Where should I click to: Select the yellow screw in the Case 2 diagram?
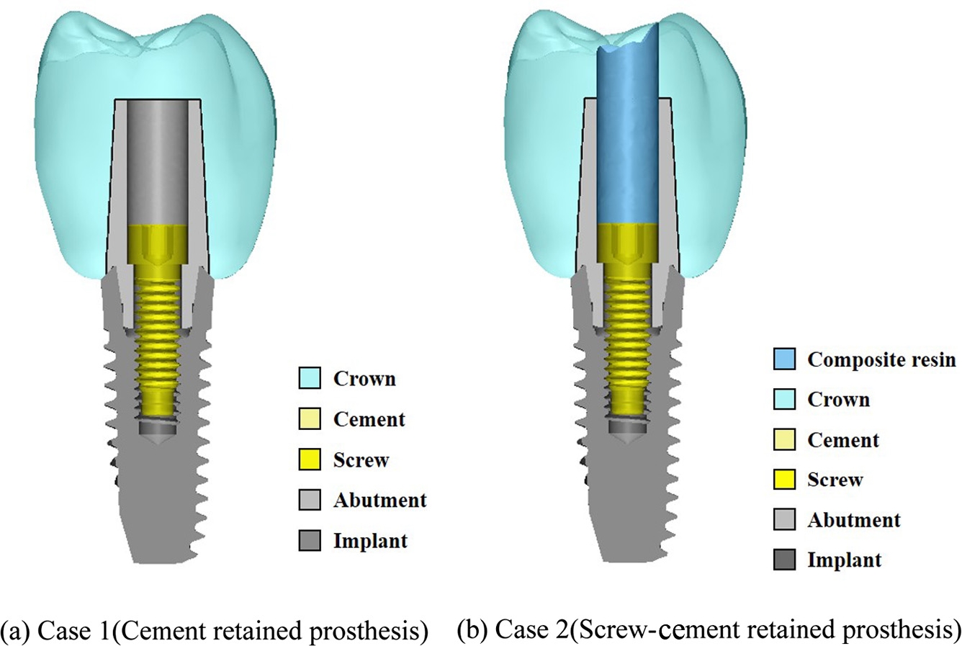coord(628,338)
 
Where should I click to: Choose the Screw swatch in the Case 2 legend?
coord(785,479)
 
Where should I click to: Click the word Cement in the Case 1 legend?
coord(369,418)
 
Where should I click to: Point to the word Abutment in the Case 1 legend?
coord(379,500)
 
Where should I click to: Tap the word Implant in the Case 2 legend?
coord(844,560)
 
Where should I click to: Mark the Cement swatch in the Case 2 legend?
coord(785,439)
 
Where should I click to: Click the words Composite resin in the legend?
coord(882,359)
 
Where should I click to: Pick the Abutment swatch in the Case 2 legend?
coord(785,519)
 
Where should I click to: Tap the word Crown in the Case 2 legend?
coord(838,399)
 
